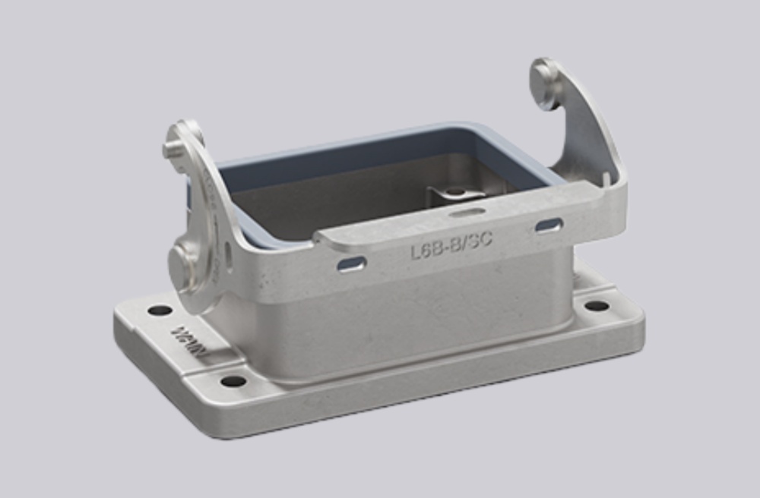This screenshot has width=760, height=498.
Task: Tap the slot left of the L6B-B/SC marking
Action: [351, 263]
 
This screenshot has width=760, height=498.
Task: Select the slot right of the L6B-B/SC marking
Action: [549, 225]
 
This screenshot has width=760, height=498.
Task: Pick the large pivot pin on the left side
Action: [186, 263]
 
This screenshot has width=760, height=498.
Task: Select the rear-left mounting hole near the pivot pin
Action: [160, 310]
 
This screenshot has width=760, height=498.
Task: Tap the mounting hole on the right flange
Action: [597, 305]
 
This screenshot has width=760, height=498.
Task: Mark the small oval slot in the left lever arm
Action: [229, 251]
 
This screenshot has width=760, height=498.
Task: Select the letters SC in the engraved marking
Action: [478, 240]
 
